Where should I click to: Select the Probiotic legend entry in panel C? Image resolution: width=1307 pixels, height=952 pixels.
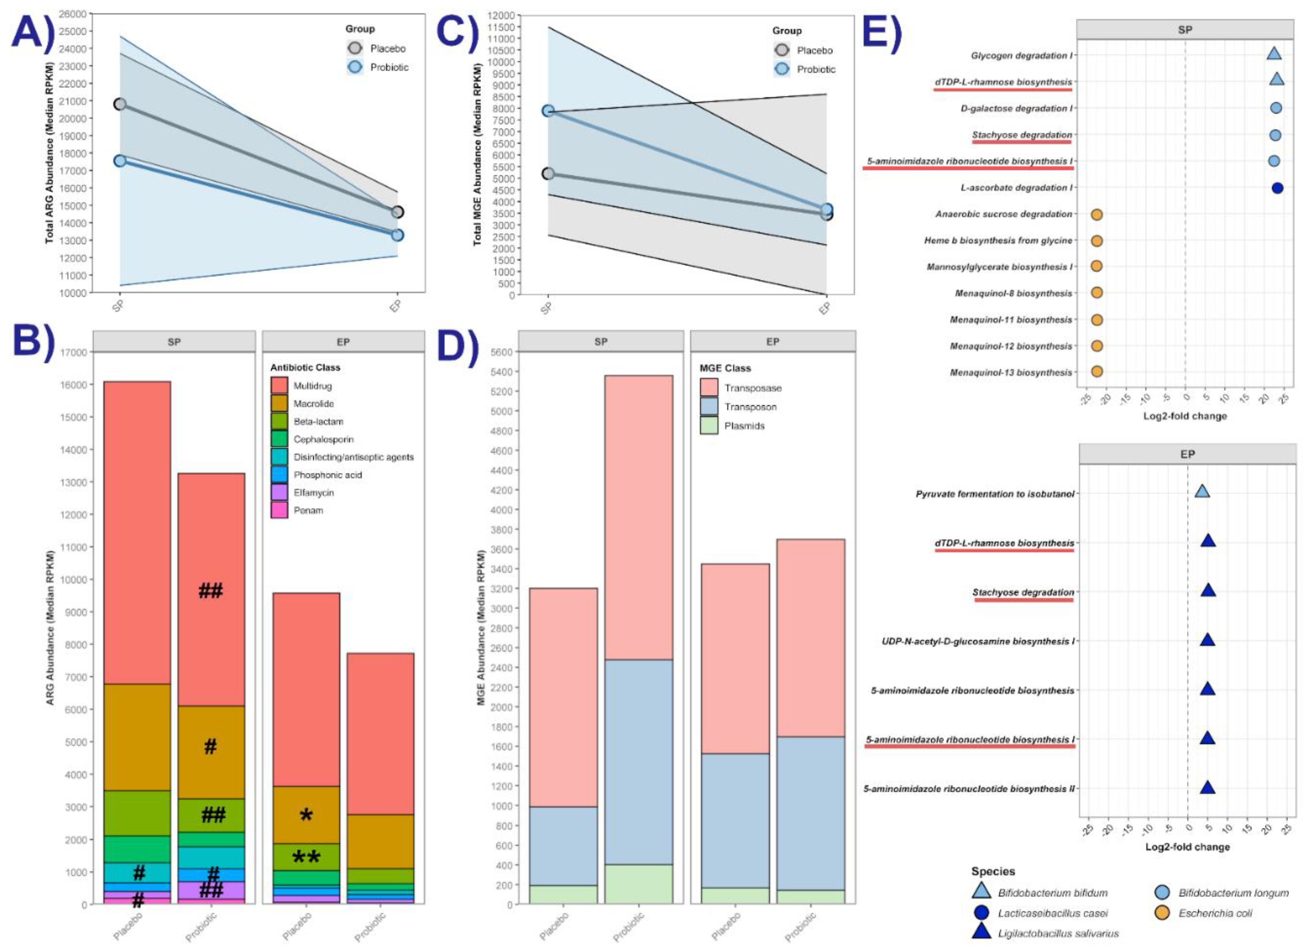click(815, 69)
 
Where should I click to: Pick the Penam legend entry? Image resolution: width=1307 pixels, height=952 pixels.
click(308, 510)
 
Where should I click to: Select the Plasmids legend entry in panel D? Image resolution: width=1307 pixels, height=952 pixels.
click(744, 426)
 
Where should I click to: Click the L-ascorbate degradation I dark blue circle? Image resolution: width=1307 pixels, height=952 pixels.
click(1277, 188)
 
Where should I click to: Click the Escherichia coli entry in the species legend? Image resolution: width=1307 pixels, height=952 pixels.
click(1215, 913)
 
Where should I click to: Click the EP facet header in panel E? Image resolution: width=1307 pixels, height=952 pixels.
click(1187, 454)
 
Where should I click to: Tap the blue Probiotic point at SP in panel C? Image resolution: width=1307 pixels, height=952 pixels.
click(548, 111)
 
